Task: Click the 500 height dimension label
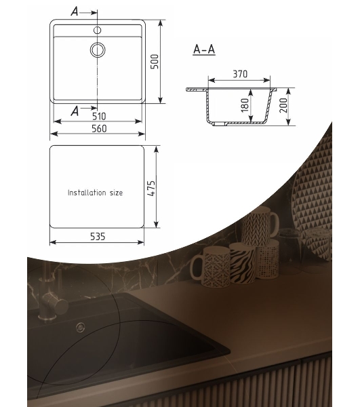coord(155,62)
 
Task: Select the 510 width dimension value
coord(99,116)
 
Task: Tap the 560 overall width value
coord(99,128)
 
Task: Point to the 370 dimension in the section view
coord(240,74)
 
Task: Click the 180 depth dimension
coord(245,105)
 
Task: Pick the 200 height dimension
coord(283,105)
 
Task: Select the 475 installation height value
coord(151,188)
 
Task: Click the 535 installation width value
coord(98,237)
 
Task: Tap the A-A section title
coord(204,50)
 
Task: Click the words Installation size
coord(95,193)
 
